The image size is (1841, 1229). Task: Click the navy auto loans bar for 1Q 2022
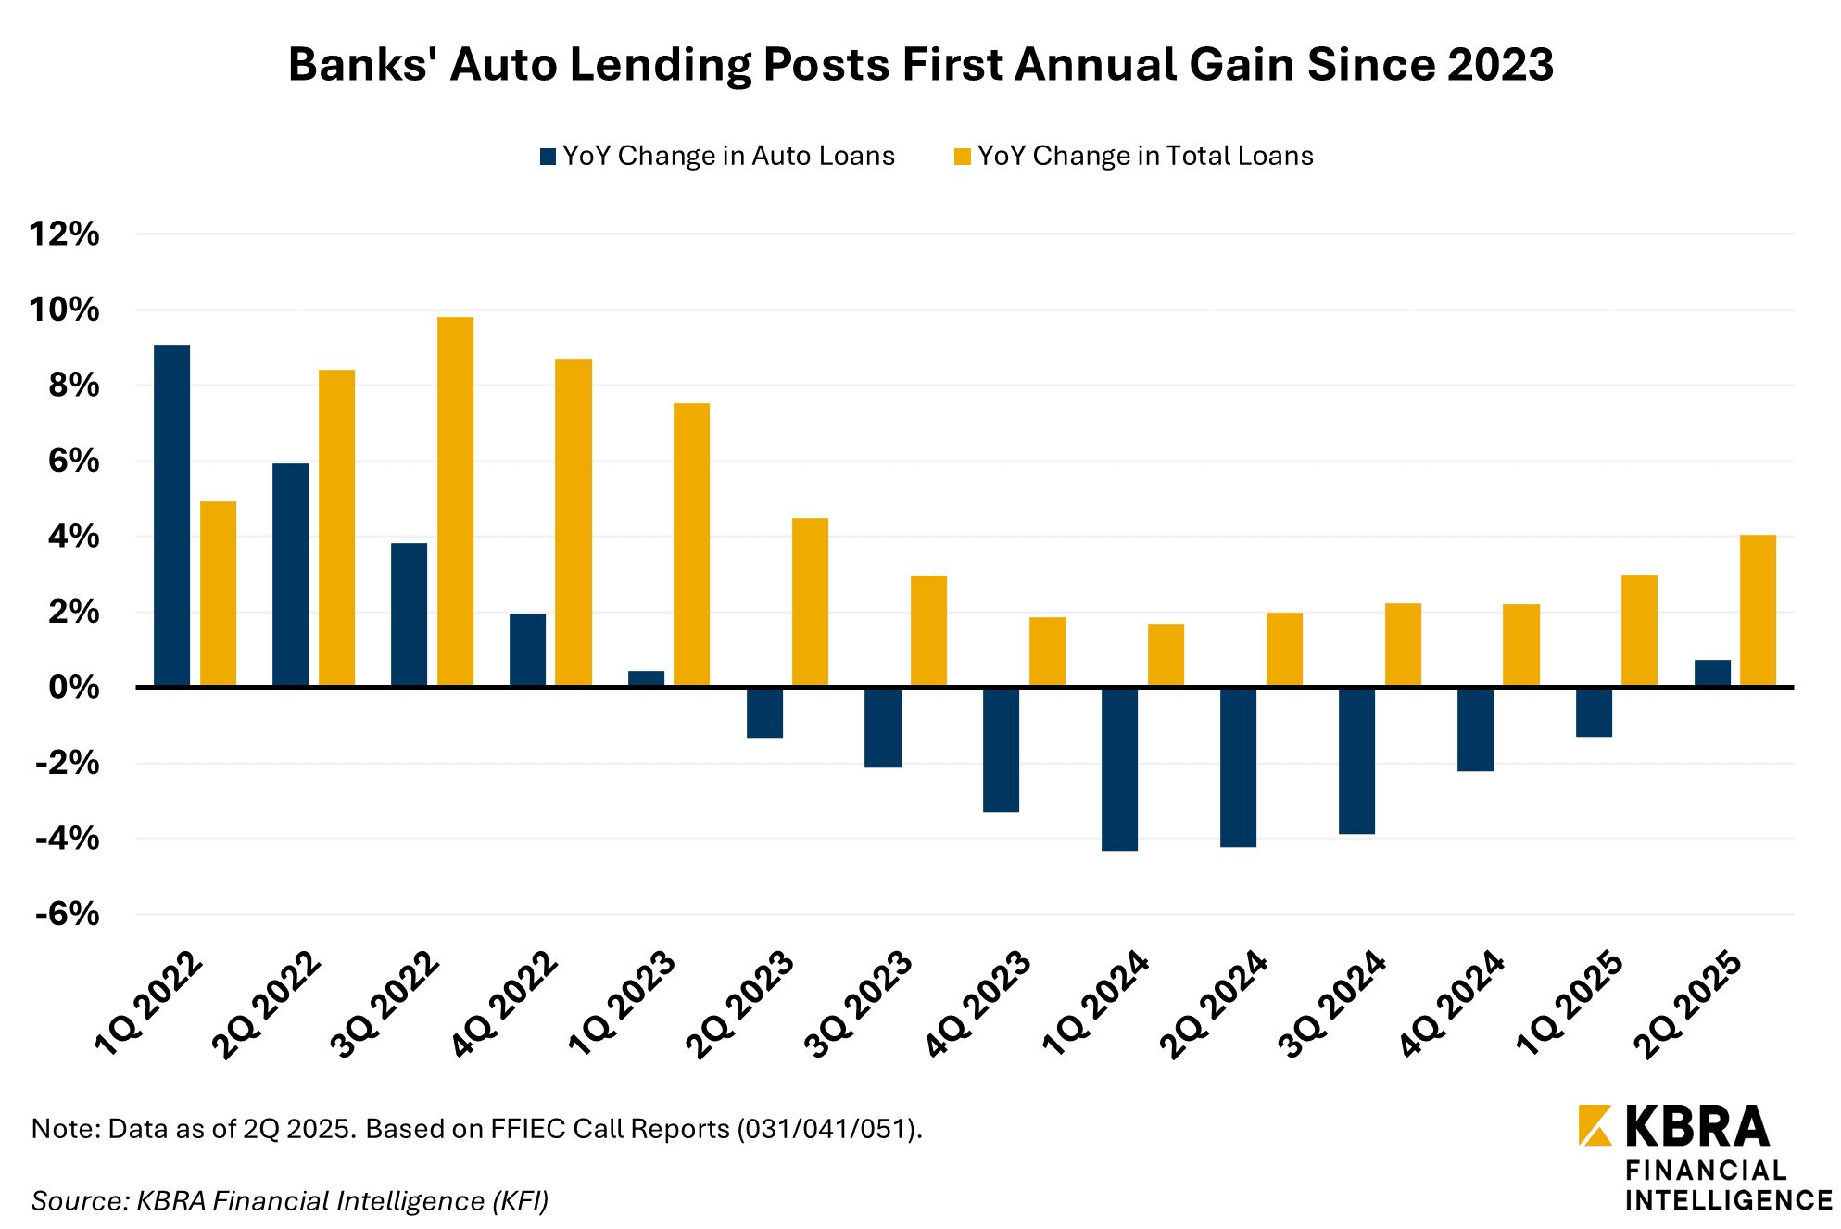[171, 514]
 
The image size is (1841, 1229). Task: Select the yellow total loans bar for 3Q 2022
[455, 500]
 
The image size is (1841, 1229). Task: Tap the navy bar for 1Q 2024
[1119, 768]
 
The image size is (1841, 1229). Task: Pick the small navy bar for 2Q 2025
[1712, 673]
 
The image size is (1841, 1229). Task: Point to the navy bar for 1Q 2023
[646, 678]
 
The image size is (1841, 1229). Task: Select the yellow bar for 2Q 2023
[810, 602]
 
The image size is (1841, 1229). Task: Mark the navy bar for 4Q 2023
[1001, 749]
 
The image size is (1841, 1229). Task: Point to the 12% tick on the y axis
[64, 234]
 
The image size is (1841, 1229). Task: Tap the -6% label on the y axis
[67, 914]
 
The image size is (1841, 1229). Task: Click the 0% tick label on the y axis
[73, 687]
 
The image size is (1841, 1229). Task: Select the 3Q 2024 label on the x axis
[1332, 1005]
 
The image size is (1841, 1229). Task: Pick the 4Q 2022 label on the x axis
[504, 1005]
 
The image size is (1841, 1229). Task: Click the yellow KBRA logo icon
[1595, 1124]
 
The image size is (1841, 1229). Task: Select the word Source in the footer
[79, 1201]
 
